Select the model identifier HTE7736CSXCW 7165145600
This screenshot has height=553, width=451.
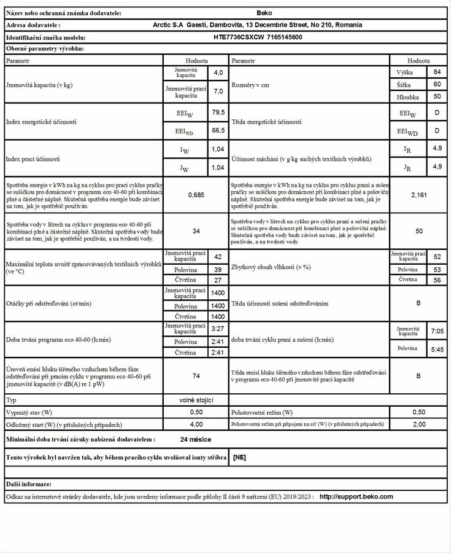(258, 37)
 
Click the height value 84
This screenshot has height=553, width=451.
(437, 73)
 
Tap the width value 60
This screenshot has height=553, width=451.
(437, 84)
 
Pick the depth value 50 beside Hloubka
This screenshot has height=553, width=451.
(437, 96)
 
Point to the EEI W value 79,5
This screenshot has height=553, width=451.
(218, 112)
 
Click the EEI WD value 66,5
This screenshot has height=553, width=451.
(218, 130)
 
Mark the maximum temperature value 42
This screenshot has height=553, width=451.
(218, 256)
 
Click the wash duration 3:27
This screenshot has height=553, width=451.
(218, 329)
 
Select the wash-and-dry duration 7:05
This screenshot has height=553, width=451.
(437, 331)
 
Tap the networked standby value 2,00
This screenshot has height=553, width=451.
(419, 424)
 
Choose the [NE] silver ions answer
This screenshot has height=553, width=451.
(240, 458)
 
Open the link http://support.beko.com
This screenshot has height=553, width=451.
(356, 496)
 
